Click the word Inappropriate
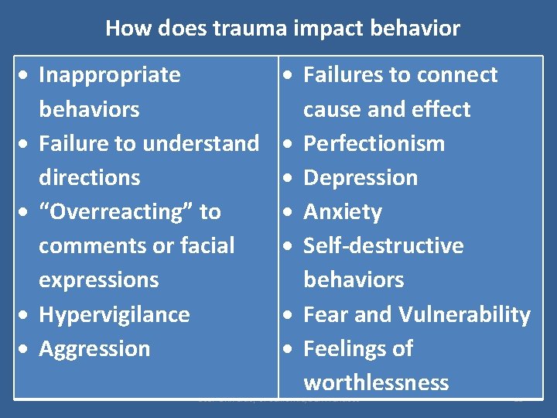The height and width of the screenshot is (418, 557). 109,75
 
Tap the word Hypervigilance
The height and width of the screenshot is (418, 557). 114,314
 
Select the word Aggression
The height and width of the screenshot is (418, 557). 94,348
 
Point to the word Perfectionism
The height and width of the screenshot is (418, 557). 374,143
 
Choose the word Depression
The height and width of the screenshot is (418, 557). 361,177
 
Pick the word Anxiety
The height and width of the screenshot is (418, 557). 343,211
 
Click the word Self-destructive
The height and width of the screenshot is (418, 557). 383,246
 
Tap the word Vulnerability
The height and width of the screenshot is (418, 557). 464,314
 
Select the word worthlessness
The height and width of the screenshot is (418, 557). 376,382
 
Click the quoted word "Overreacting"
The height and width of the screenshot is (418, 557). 130,211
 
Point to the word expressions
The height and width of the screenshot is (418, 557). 98,279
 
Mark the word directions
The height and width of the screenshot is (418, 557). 89,177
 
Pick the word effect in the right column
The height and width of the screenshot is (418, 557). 443,109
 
